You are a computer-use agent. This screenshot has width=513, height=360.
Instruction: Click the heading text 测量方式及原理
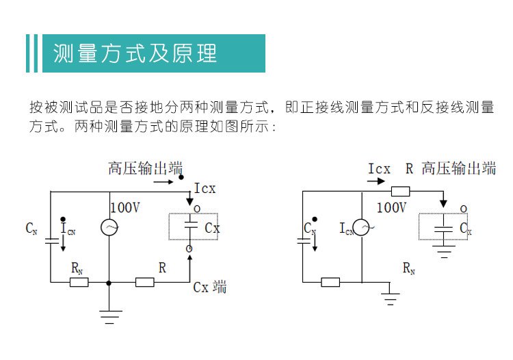[x=135, y=53]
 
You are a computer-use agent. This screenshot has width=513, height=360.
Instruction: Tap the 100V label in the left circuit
[x=125, y=208]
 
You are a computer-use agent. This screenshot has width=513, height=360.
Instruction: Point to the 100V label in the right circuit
[x=392, y=208]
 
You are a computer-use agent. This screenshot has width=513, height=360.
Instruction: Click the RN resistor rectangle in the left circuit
[x=79, y=282]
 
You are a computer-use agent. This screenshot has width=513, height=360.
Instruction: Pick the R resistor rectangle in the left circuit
[x=145, y=282]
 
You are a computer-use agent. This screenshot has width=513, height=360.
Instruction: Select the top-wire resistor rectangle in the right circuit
[x=400, y=191]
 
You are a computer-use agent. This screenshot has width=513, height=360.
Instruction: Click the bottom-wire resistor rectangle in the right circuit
[x=330, y=282]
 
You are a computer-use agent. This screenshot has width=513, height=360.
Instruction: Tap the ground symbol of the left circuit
[x=109, y=317]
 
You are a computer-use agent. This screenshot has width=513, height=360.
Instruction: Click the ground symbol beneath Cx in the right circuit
[x=444, y=251]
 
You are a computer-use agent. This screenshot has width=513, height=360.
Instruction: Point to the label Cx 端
[x=210, y=287]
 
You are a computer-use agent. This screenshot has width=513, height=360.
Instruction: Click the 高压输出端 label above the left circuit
[x=145, y=168]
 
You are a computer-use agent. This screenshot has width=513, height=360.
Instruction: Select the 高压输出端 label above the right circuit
[x=459, y=168]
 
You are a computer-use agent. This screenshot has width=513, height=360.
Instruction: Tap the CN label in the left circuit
[x=31, y=229]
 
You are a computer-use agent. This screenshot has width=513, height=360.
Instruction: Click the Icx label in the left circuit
[x=205, y=188]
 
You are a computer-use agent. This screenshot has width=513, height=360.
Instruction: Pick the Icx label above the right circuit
[x=380, y=169]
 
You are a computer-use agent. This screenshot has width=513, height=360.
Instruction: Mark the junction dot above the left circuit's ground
[x=109, y=283]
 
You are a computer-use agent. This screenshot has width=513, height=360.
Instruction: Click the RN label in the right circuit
[x=409, y=268]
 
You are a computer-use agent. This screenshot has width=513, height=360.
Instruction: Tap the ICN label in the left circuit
[x=68, y=229]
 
